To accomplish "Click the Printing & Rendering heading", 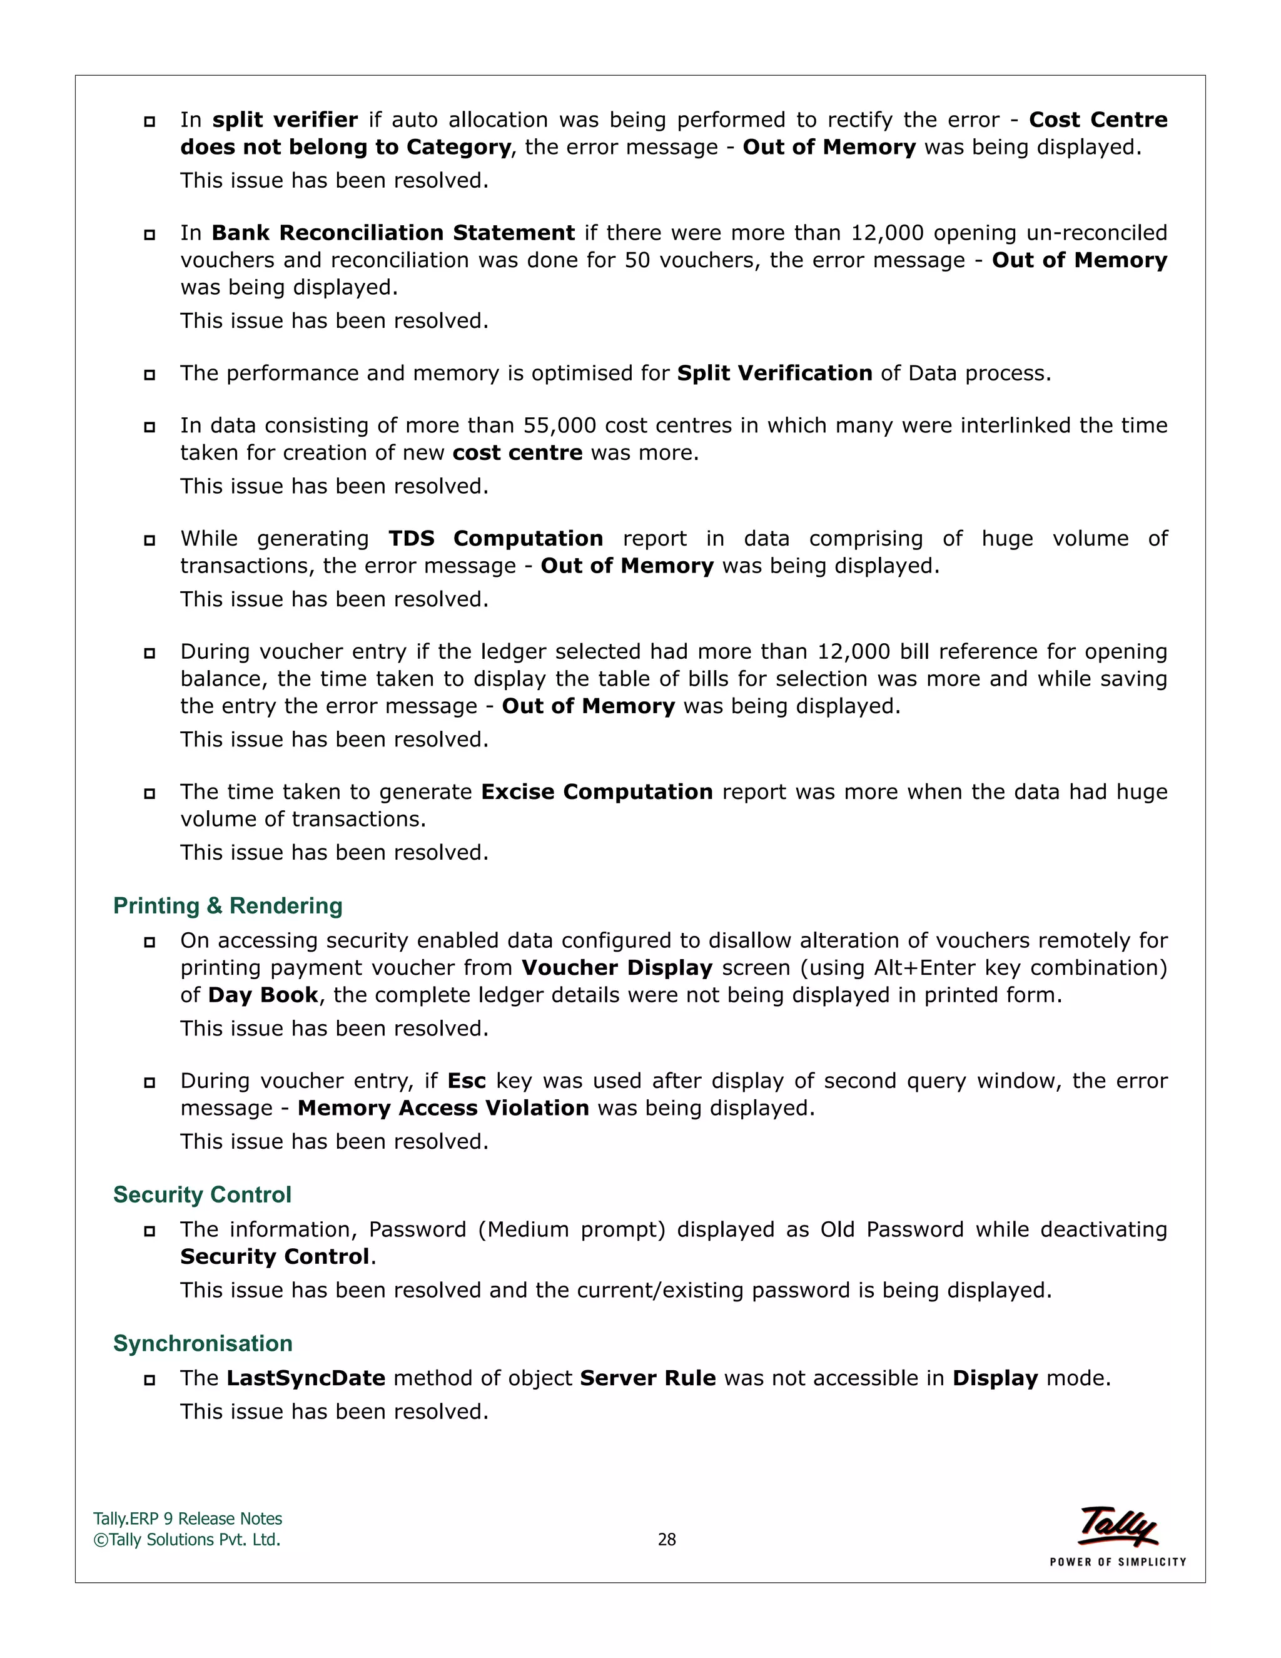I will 228,906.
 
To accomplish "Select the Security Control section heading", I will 202,1195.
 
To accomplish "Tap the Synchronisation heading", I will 203,1344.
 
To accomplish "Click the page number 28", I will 666,1540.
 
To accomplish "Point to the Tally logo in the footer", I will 1118,1526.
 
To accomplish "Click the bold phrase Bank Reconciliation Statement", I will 393,232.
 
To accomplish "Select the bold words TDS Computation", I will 495,538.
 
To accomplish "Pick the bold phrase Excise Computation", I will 597,792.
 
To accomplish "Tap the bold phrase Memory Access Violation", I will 443,1109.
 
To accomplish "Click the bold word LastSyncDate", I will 306,1378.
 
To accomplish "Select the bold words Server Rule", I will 647,1378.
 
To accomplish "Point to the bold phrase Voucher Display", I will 617,968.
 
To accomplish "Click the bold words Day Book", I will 263,995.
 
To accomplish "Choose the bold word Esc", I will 466,1081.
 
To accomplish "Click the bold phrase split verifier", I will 285,120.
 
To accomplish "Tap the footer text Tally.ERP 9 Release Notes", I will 188,1519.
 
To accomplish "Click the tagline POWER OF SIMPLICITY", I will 1118,1562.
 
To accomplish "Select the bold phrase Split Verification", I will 774,374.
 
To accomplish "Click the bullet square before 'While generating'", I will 149,541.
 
